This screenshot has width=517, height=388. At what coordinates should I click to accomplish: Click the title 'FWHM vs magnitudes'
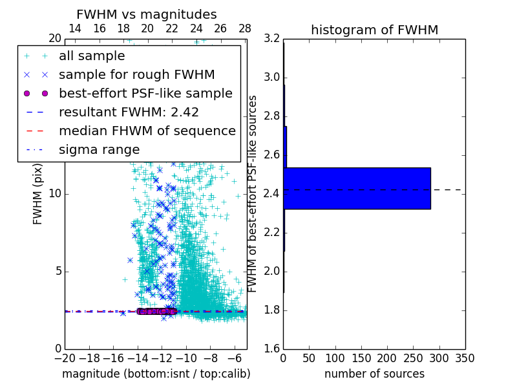(146, 14)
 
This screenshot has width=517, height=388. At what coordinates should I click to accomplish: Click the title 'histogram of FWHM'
(374, 30)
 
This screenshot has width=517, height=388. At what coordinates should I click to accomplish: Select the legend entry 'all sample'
(92, 56)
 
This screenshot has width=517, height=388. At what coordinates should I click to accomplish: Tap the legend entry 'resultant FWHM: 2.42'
(129, 112)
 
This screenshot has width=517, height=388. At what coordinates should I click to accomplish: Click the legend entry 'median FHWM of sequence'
(147, 131)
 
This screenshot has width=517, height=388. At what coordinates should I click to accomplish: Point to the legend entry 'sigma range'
(99, 149)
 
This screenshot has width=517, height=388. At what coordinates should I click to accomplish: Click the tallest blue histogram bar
(357, 188)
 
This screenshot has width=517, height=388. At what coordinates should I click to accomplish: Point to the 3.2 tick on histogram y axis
(271, 39)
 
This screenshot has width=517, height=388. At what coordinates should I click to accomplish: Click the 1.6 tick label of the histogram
(271, 349)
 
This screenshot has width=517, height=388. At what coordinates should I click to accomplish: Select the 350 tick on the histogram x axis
(465, 358)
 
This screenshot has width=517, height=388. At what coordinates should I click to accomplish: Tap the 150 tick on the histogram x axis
(361, 358)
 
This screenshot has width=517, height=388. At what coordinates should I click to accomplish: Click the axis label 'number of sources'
(374, 374)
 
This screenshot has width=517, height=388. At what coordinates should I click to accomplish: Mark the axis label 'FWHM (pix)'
(38, 193)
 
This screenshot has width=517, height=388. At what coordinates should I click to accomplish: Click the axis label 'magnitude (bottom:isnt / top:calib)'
(156, 374)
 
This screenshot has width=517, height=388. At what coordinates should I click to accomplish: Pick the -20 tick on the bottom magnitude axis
(65, 358)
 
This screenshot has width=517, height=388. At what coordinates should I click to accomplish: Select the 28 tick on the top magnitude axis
(245, 28)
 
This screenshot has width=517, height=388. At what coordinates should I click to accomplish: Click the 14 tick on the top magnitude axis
(75, 28)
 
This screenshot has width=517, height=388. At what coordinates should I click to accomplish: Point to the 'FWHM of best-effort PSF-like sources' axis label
(253, 193)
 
